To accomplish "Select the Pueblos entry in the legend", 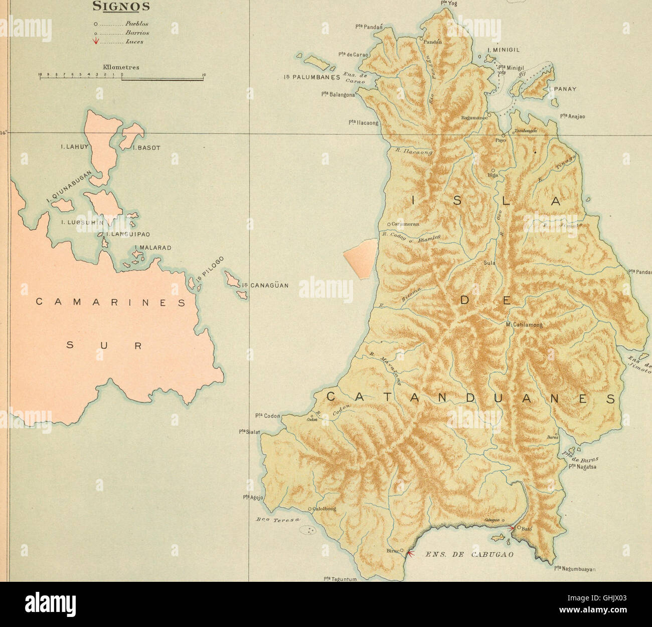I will pos(136,24).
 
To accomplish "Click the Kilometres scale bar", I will pos(121,77).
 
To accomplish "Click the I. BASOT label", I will pos(146,148).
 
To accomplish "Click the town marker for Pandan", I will pos(422,38).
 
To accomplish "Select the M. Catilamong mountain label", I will pos(524,325).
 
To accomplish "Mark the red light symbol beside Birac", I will pos(410,554).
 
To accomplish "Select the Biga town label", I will pos(493,175).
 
